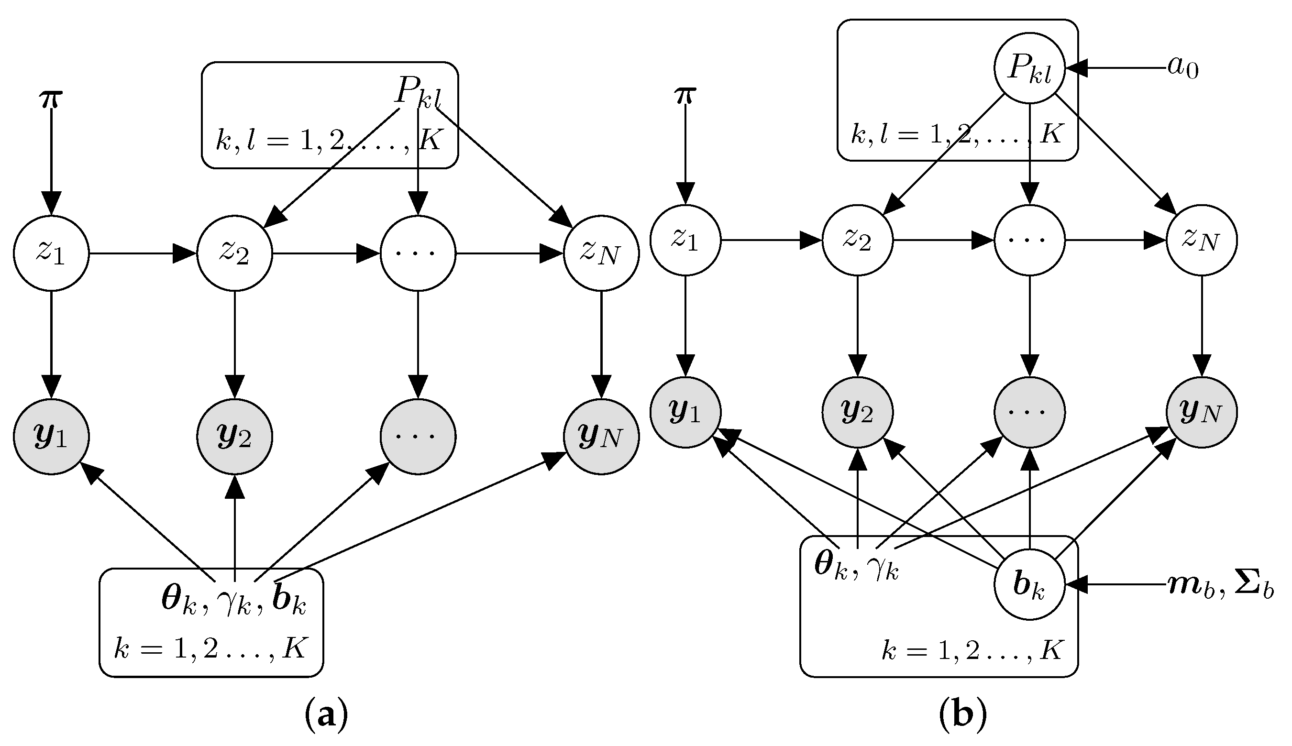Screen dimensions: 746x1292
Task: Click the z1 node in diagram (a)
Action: point(51,253)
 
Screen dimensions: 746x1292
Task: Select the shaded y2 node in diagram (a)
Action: point(234,437)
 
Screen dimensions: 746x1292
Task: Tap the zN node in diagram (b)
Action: point(1201,240)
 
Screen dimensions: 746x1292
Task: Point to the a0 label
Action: point(1183,67)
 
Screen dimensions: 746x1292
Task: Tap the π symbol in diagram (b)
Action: point(685,95)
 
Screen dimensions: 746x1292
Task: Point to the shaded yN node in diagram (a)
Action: point(601,437)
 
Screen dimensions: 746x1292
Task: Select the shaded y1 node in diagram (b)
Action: point(685,412)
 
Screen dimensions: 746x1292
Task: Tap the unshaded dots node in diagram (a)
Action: point(418,253)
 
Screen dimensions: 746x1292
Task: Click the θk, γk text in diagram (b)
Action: point(856,567)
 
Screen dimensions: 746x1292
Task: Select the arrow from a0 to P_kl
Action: point(1117,67)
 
